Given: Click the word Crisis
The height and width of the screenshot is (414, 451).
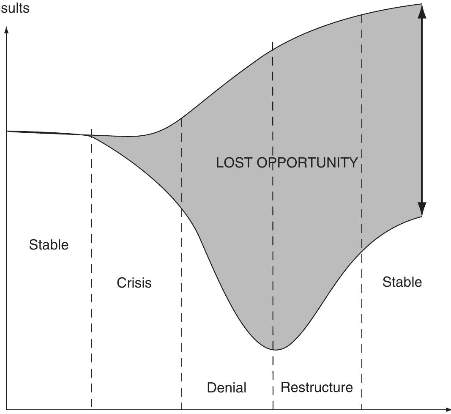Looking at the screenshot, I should [x=134, y=283].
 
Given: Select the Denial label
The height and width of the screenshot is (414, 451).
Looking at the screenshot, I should [x=227, y=387].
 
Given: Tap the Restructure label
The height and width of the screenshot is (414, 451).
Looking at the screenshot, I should [x=317, y=387].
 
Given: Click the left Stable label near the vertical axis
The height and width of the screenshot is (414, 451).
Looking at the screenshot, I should [x=49, y=244].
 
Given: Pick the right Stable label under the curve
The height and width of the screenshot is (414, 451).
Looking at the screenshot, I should [x=402, y=282].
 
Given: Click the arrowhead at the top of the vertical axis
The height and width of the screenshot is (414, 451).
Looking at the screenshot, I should [x=6, y=30].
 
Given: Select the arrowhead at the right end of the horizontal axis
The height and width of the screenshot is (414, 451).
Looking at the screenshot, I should [x=448, y=409].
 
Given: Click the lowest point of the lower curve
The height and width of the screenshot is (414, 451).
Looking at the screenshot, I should [x=274, y=350].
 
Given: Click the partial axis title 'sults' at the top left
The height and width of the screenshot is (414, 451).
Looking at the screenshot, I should [x=14, y=8].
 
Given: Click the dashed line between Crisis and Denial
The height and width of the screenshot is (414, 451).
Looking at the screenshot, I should [x=182, y=296].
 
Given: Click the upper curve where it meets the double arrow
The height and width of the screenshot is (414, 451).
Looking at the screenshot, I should [x=421, y=4].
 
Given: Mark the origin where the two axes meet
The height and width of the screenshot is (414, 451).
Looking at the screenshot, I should [x=6, y=409].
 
